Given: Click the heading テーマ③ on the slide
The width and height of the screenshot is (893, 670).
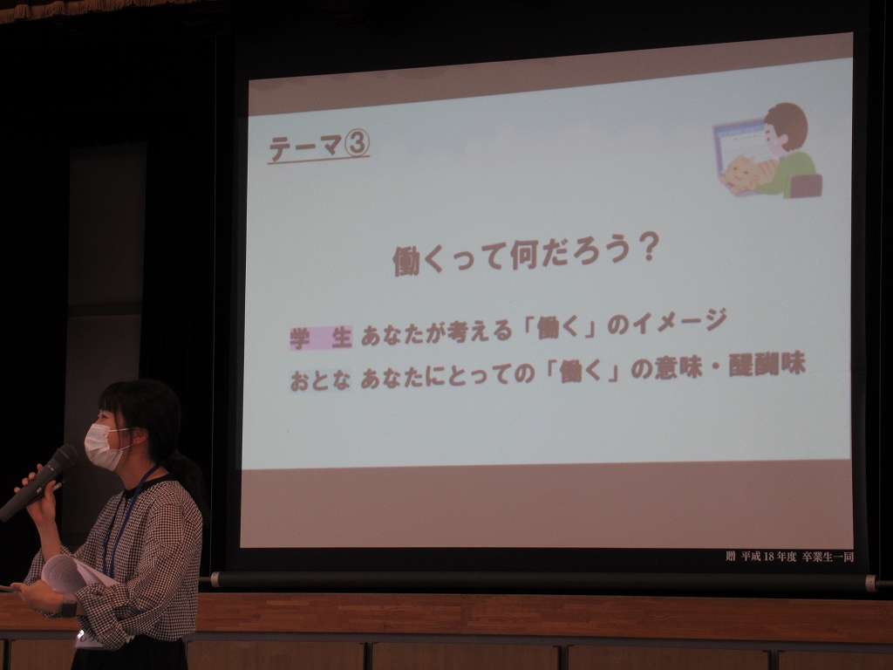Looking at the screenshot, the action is tap(319, 147).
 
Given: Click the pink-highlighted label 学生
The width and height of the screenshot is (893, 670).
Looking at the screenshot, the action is tap(321, 338).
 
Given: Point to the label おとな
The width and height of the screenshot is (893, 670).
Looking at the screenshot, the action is tap(320, 380).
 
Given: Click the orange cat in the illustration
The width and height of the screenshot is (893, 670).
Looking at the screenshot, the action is tap(741, 174).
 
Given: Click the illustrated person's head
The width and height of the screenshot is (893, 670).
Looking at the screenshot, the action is tap(786, 126).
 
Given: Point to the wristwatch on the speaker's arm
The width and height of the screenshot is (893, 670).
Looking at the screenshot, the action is tap(69, 605).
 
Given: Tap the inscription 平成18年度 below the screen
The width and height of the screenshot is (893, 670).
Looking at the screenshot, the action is tap(768, 557).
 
